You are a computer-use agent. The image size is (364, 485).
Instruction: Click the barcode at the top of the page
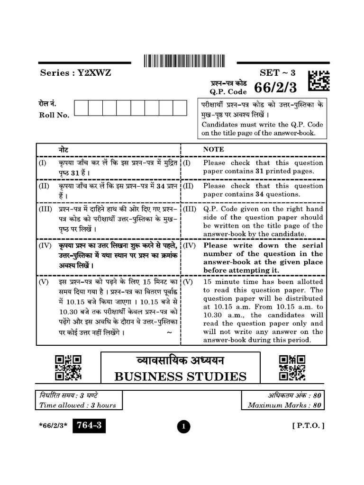pos(184,60)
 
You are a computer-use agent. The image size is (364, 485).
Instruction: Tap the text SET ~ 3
pos(277,73)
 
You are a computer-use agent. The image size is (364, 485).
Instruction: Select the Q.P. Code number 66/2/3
pos(275,88)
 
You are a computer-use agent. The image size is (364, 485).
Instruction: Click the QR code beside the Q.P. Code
pos(319,81)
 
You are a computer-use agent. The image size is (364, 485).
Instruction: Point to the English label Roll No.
pos(54,115)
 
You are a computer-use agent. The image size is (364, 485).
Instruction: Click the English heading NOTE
pos(213,149)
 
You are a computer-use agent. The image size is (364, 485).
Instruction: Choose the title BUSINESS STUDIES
pos(180,377)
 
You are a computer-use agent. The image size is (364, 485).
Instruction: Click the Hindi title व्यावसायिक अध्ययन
pos(180,361)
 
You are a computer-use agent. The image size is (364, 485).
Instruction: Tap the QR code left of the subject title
pos(68,368)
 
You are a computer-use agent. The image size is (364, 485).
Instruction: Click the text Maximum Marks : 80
pos(284,405)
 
